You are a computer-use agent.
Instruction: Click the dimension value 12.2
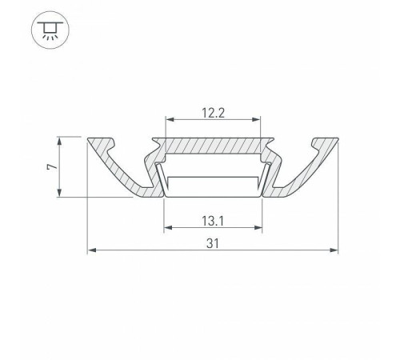pos(213,112)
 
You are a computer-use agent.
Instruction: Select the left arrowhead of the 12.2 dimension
pos(169,121)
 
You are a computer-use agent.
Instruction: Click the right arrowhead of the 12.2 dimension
pos(258,121)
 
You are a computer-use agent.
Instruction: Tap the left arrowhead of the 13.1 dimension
pos(167,227)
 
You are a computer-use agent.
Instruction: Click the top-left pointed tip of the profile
pos(88,138)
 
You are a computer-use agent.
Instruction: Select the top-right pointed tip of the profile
pos(337,138)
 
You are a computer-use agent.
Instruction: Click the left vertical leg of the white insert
pos(161,182)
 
